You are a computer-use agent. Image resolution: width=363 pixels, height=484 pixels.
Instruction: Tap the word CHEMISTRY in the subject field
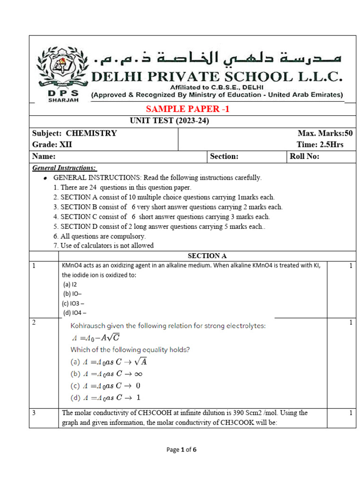(91, 133)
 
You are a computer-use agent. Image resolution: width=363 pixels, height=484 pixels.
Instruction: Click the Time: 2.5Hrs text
(327, 145)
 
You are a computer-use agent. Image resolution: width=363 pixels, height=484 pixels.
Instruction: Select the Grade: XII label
(52, 145)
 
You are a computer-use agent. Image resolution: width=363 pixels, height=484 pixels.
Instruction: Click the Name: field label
(44, 156)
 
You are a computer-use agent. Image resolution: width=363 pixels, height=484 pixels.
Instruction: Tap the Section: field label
(224, 156)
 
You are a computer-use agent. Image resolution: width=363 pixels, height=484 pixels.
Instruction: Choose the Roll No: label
(304, 156)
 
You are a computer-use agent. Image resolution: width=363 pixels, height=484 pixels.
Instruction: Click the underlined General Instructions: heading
(64, 168)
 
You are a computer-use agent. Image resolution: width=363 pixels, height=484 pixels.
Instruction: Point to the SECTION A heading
(207, 256)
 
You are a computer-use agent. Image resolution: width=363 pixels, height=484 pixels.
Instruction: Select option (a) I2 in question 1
(70, 284)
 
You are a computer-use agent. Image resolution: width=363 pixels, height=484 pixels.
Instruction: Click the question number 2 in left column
(34, 323)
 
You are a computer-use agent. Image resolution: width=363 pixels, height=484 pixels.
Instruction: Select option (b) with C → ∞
(106, 373)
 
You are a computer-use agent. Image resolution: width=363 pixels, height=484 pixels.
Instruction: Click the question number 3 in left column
(34, 413)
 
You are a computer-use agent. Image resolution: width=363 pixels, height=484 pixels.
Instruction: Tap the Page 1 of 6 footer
(181, 449)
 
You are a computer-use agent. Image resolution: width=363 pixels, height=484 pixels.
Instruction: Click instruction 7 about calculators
(104, 245)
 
